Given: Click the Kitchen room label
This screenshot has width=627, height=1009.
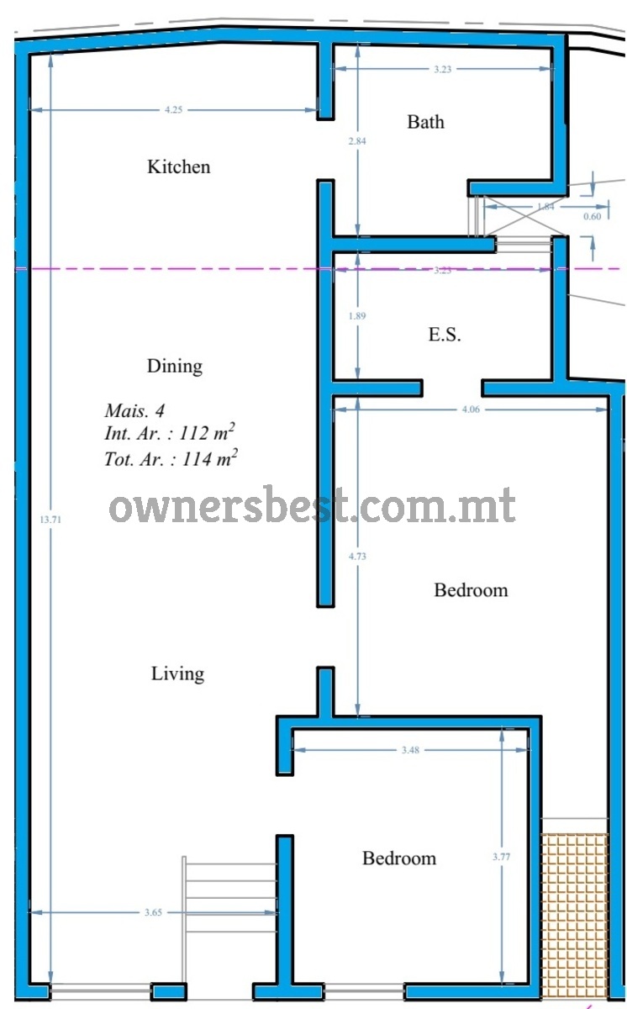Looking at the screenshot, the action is tap(179, 166).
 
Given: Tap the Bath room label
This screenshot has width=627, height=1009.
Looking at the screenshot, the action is tap(426, 122).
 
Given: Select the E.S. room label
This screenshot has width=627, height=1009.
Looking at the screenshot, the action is tap(445, 335).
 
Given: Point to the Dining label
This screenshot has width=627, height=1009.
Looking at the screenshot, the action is tap(175, 367).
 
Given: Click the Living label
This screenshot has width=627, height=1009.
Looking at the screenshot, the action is tap(178, 674).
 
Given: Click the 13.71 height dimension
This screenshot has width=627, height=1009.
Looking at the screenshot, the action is tap(50, 520).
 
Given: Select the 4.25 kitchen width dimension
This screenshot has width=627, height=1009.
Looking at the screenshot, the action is tap(174, 109).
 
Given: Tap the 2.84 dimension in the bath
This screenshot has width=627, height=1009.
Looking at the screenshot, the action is tap(357, 141).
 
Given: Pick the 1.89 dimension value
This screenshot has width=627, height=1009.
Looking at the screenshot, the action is tap(357, 316).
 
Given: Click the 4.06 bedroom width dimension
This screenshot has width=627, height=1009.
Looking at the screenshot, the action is tap(471, 409).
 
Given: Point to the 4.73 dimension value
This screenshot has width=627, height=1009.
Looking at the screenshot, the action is tap(357, 557).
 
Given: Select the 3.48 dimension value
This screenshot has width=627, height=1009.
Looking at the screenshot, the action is tap(410, 750).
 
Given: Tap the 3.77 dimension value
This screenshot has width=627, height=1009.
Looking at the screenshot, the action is tap(501, 857).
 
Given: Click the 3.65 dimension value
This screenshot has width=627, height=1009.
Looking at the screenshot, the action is tap(153, 912).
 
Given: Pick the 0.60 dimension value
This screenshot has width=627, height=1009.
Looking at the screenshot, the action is tap(593, 216).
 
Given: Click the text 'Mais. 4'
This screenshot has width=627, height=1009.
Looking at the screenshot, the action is tap(134, 410).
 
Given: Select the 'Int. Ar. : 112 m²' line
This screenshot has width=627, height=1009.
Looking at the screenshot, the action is tap(170, 432).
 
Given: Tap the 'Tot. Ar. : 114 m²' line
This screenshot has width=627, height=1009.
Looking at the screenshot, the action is tap(171, 458).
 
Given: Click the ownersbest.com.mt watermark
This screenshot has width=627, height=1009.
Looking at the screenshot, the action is tap(313, 505).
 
